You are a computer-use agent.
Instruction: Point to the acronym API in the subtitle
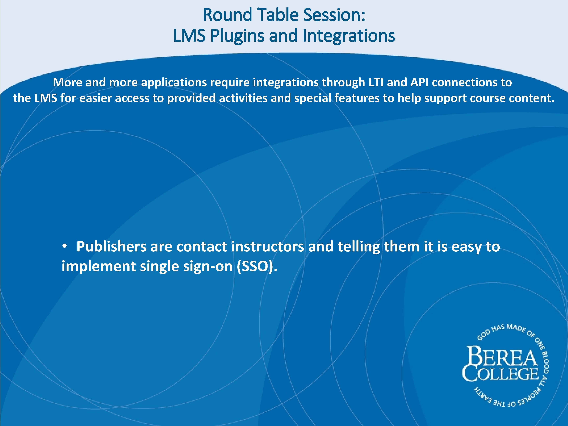419,83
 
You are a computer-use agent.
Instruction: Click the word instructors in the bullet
267,247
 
